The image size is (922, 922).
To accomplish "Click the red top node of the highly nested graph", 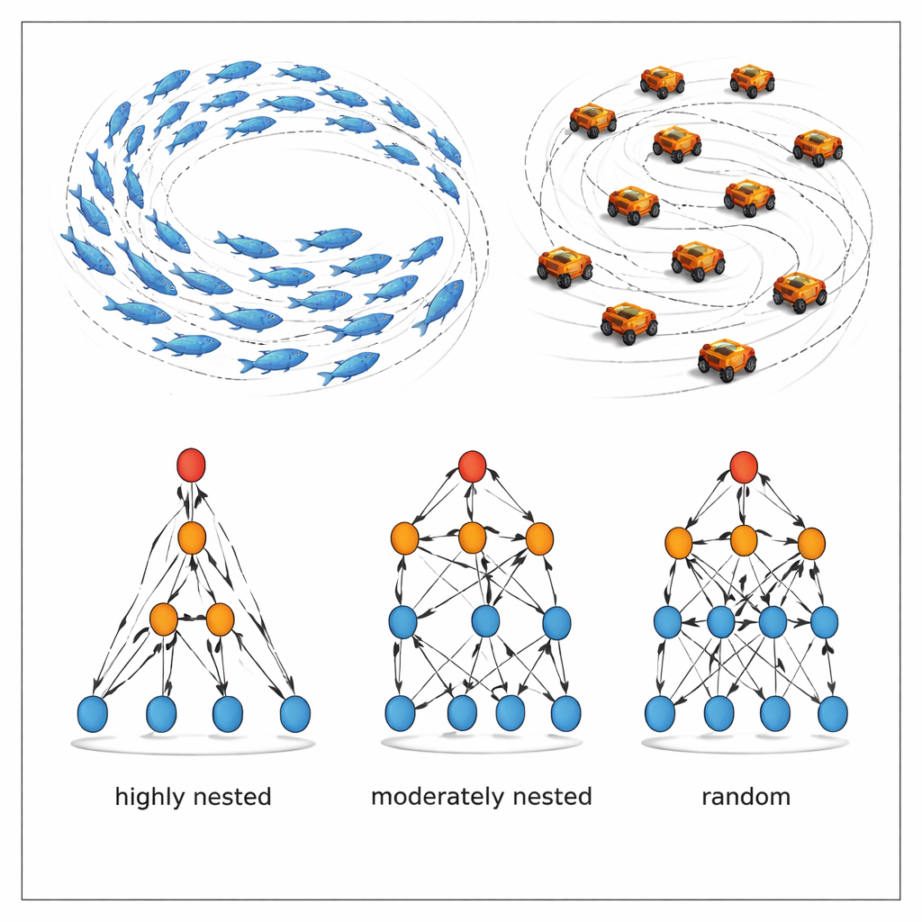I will point(191,466).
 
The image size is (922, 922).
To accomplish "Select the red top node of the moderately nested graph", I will point(472,466).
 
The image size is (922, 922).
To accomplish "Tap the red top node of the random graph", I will point(743,467).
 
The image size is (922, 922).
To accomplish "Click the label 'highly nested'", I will point(194,797).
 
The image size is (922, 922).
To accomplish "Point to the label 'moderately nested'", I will point(482,797).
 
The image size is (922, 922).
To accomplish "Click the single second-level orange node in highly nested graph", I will point(192,538).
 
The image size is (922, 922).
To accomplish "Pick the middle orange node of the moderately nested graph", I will point(472,538).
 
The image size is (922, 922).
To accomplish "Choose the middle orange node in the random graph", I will point(743,540).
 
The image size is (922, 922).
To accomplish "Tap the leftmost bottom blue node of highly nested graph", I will point(93,714).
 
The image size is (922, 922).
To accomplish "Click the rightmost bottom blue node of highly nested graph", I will point(295,714).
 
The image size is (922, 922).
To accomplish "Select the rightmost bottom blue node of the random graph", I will point(833,714).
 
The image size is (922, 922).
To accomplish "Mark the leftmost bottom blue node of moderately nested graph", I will point(400,713).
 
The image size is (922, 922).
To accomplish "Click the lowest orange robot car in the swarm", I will point(728,360).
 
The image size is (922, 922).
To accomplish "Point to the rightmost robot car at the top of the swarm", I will point(753,80).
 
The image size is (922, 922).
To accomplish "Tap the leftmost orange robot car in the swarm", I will point(565,267).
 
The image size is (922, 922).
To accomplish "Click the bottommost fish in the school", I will point(349,367).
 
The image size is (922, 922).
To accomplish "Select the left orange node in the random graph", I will point(678,543).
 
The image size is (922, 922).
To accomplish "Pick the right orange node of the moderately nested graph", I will point(538,538).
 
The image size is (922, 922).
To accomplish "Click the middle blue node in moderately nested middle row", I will point(485,621).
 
